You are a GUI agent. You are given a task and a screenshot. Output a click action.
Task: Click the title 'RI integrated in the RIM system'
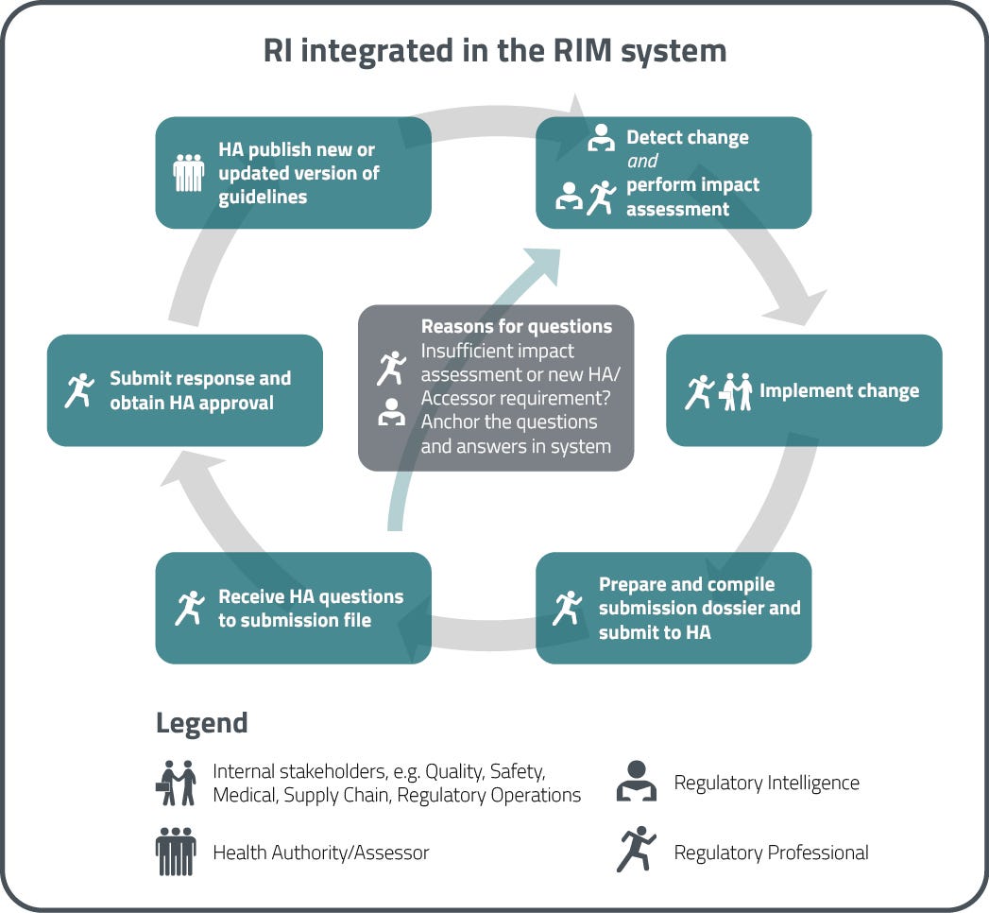(494, 50)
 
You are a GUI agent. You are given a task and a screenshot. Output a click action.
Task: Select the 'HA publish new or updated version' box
(293, 173)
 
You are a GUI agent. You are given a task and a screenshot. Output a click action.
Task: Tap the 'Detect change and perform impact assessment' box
(674, 173)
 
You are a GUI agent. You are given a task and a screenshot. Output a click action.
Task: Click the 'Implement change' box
(804, 390)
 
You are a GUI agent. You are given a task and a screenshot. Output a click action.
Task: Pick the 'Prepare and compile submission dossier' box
(674, 608)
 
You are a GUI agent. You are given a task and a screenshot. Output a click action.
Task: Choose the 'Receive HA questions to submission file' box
(293, 608)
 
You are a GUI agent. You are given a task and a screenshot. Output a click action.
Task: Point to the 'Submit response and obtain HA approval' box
(185, 390)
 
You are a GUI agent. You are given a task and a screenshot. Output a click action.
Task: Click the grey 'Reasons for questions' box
(495, 388)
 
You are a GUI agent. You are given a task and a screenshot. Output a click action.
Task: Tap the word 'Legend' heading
(201, 723)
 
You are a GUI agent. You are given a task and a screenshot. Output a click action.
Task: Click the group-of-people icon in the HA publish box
(189, 173)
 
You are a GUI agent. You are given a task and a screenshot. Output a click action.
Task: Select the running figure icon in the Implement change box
(699, 391)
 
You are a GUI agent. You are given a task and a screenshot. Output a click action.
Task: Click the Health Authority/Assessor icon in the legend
(176, 853)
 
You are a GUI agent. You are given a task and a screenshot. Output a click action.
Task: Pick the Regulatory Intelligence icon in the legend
(636, 783)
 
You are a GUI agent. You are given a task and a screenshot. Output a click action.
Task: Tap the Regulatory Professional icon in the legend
(636, 850)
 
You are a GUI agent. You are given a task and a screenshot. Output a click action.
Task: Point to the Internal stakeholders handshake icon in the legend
(176, 783)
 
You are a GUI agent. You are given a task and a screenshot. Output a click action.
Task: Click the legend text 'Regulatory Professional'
(771, 853)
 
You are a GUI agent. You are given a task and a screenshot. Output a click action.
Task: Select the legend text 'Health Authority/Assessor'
(321, 853)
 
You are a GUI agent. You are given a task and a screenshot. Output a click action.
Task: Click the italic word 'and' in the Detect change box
(642, 161)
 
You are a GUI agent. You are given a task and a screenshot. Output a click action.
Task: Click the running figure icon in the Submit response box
(79, 390)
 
